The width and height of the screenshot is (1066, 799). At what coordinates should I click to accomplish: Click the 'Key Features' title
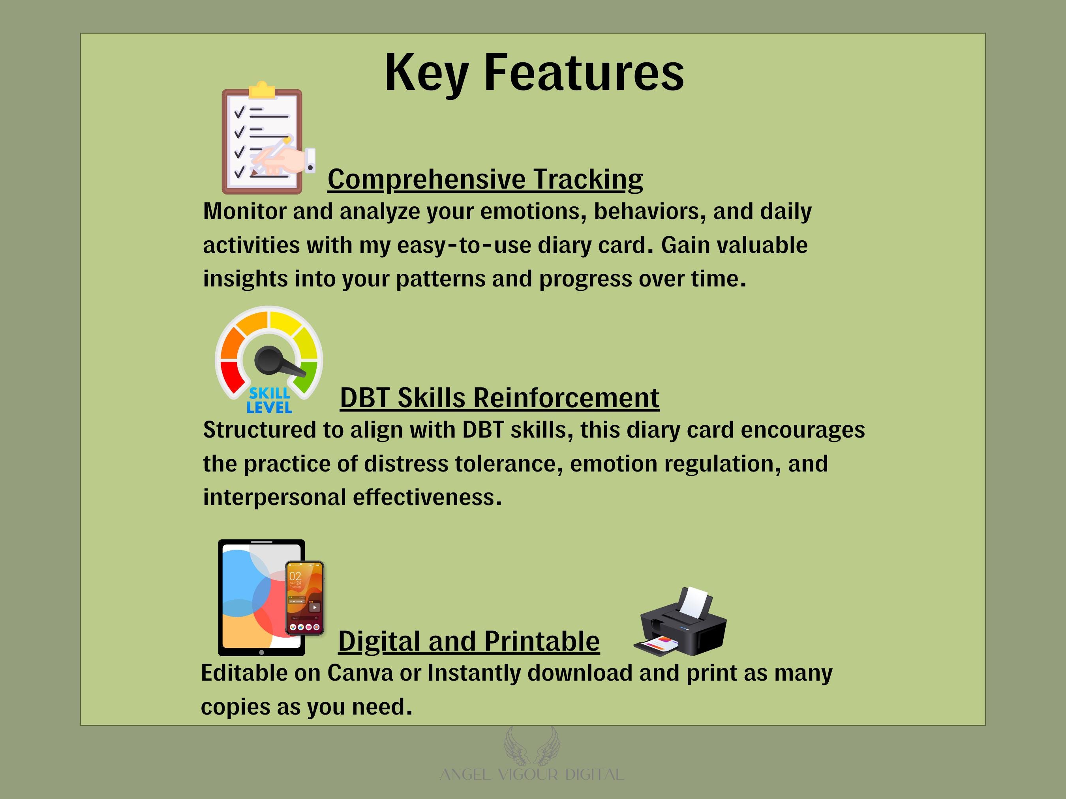tap(534, 74)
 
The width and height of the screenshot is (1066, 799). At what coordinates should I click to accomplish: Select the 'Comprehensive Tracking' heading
tap(485, 180)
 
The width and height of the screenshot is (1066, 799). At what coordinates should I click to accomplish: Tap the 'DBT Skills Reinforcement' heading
tap(500, 398)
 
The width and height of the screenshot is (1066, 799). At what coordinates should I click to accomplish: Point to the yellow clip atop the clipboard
tap(262, 90)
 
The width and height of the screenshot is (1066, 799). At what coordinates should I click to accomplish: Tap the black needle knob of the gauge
tap(268, 360)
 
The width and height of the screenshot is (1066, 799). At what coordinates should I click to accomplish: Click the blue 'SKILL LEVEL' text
tap(269, 400)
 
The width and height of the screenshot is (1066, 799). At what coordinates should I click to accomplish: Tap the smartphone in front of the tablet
tap(304, 598)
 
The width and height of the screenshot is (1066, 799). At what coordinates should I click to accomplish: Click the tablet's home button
tap(262, 653)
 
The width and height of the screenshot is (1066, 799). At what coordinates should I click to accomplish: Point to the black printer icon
tap(681, 621)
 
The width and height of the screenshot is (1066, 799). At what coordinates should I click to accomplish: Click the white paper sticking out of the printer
tap(694, 602)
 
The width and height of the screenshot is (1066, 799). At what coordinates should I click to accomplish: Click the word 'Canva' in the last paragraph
tap(360, 673)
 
